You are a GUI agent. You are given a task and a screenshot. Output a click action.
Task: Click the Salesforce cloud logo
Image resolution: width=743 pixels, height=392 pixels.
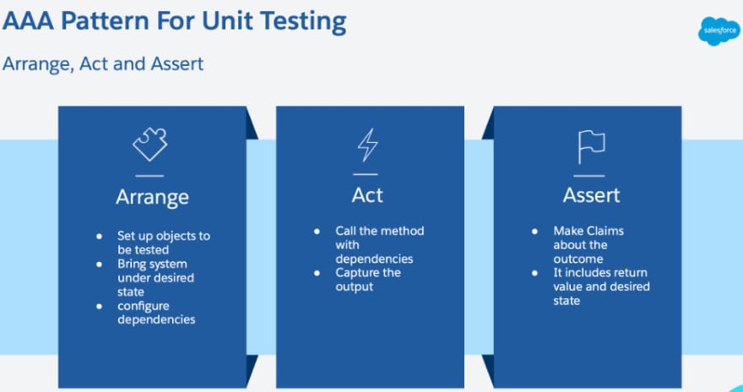719,31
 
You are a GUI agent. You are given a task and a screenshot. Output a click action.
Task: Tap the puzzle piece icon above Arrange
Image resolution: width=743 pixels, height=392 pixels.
149,144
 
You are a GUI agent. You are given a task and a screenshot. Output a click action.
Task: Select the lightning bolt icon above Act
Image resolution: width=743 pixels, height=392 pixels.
367,144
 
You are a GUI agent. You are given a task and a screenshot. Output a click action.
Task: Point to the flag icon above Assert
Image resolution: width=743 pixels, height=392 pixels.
591,147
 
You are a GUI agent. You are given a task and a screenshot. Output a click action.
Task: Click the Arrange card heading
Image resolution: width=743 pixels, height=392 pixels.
152,197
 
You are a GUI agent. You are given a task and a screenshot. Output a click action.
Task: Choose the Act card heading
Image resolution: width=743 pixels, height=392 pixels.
367,195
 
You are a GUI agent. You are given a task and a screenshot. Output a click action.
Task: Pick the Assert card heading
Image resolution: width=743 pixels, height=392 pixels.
591,195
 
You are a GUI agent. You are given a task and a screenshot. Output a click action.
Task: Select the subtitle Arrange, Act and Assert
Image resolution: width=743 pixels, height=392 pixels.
103,63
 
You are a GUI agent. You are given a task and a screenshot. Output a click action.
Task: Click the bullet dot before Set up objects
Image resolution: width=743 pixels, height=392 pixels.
99,236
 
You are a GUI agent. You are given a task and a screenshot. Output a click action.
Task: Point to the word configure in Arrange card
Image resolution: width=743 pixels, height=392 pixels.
143,306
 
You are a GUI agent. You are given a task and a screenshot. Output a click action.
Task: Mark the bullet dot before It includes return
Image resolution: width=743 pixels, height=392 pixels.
535,273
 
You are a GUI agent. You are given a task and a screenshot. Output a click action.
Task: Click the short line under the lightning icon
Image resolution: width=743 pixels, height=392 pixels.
366,174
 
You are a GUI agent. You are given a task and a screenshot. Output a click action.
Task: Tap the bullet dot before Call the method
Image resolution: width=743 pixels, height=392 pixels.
317,231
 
